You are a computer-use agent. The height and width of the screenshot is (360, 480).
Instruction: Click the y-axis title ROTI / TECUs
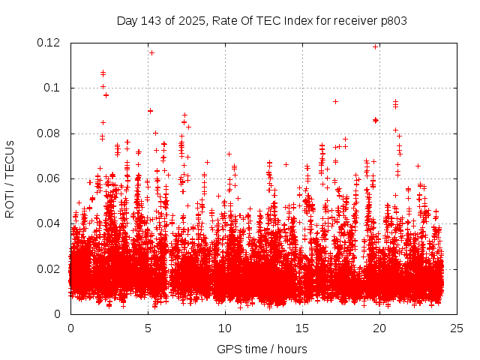pos(10,178)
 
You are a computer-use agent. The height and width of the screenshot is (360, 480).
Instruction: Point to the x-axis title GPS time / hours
pos(262,349)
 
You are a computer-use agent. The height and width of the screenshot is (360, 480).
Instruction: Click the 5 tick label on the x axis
pos(148,328)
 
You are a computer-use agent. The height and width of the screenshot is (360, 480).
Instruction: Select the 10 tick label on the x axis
pos(225,328)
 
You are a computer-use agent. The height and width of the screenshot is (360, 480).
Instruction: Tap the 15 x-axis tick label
pos(302,328)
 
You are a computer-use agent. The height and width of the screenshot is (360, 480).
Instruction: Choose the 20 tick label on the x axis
pos(379,328)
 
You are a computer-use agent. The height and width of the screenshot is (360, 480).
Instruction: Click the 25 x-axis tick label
pos(457,328)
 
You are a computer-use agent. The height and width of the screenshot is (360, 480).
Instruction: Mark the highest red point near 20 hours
pos(375,46)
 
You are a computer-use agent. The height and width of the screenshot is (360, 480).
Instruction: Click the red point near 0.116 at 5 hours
pos(151,52)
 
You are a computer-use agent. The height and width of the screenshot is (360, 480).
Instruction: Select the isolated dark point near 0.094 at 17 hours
pos(335,101)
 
